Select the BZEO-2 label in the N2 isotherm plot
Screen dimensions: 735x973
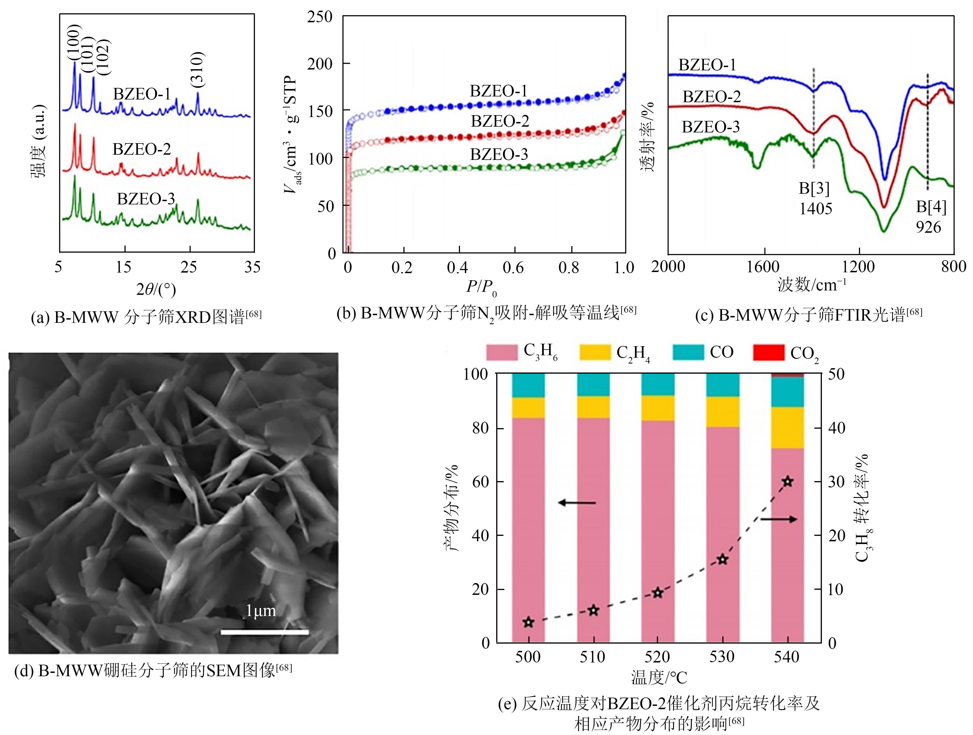pos(500,121)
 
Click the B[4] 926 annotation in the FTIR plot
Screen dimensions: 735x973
pos(931,217)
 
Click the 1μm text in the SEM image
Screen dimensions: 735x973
pos(260,611)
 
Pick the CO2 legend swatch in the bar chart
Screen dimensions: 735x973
pos(768,353)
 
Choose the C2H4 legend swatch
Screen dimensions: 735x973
pos(595,353)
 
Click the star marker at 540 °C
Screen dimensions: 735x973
pos(787,481)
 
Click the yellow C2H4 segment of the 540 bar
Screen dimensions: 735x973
pos(787,427)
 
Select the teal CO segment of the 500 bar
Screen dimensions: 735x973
pos(528,385)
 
